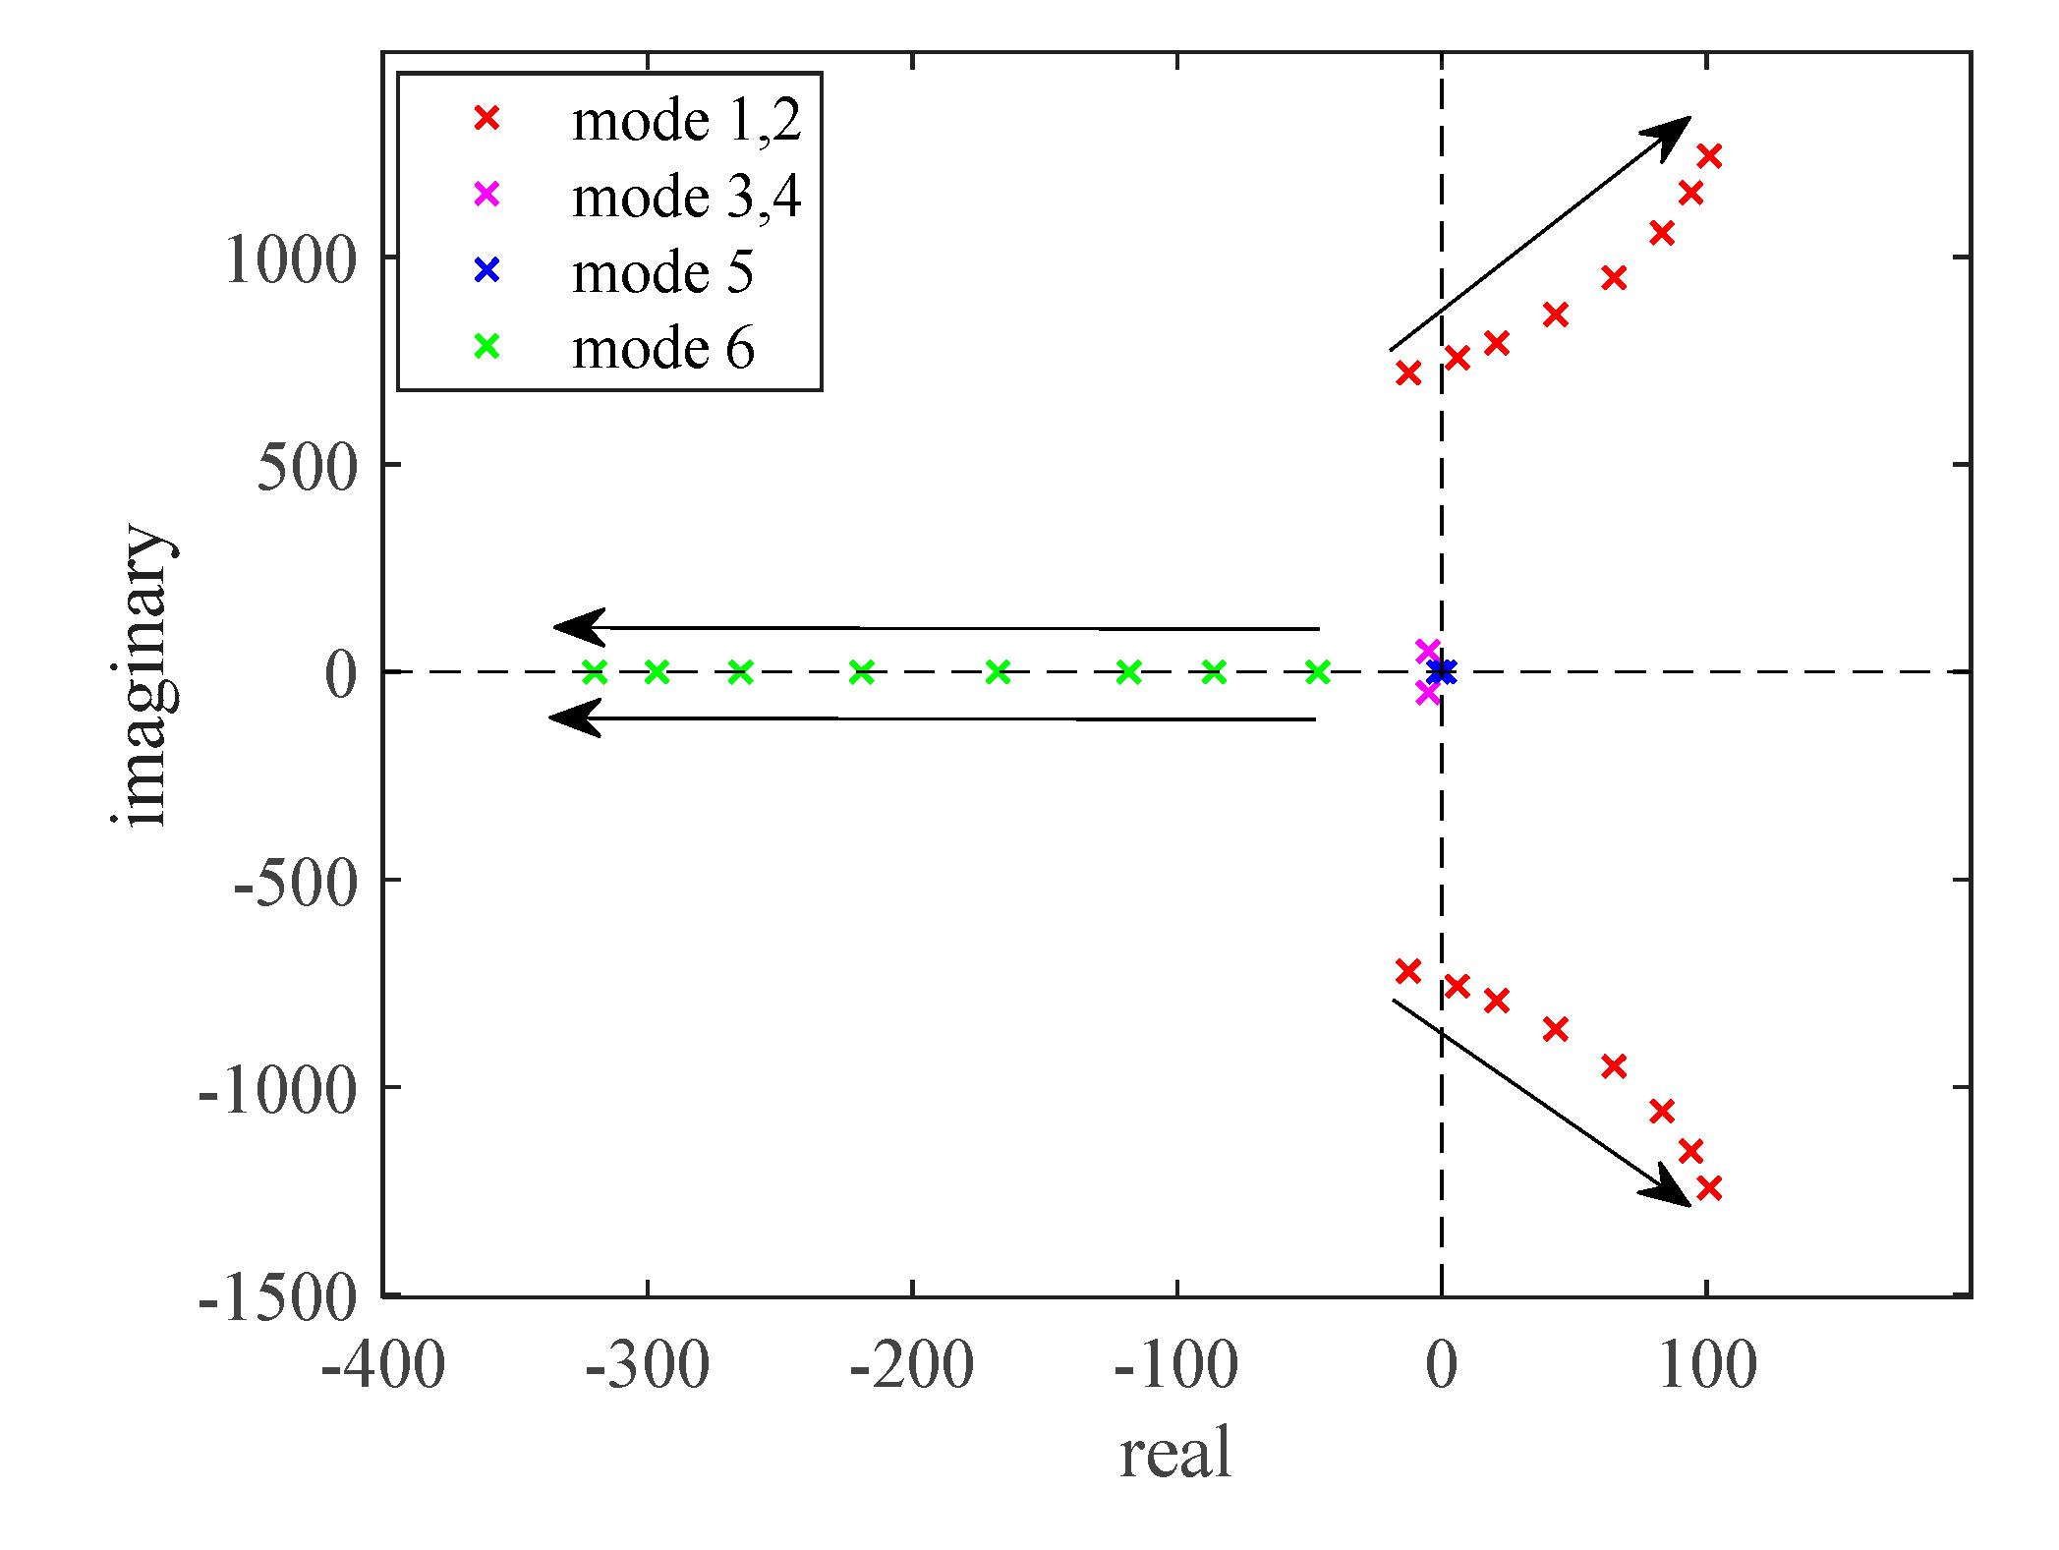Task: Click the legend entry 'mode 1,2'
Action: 686,121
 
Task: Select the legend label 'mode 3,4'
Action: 686,197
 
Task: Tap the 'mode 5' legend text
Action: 662,272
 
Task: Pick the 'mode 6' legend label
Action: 662,349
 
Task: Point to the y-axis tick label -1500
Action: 277,1299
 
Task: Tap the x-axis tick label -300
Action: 647,1366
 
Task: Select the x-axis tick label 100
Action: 1707,1366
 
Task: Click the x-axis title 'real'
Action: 1175,1454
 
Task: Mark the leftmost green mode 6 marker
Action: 595,672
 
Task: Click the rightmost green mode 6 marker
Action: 1318,672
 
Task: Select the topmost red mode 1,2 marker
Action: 1709,155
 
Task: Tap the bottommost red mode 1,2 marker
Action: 1709,1188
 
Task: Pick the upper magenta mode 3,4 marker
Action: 1428,651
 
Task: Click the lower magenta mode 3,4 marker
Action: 1428,694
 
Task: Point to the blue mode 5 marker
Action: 1442,672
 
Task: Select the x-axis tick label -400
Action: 383,1366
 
